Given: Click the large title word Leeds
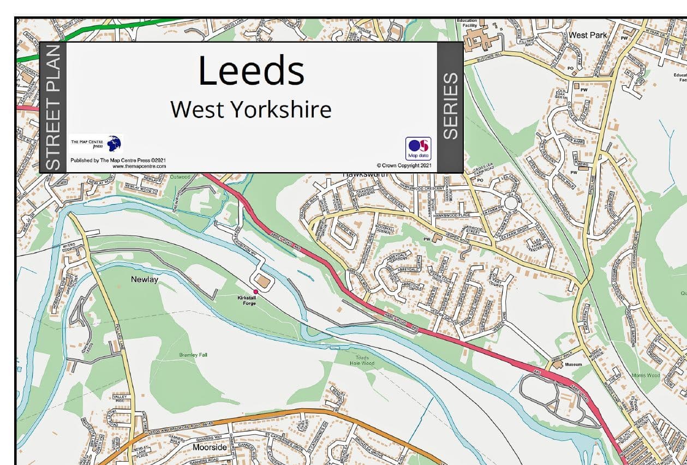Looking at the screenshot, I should (x=251, y=70).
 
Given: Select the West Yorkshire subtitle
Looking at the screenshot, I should (x=251, y=110).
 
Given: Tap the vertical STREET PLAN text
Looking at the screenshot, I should (x=52, y=108).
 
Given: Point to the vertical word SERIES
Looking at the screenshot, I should (x=450, y=107).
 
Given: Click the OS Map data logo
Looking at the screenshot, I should (x=418, y=148).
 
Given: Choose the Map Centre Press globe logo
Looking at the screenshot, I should (x=114, y=143).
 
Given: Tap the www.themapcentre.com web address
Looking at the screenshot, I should (x=139, y=166).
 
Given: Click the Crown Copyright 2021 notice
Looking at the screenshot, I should (x=404, y=166).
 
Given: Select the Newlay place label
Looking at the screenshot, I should (x=145, y=279).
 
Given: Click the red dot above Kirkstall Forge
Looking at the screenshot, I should (x=255, y=292).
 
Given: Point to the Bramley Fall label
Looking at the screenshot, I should (x=193, y=355).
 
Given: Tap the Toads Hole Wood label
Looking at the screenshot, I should (x=362, y=360).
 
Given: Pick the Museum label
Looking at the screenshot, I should (x=574, y=364).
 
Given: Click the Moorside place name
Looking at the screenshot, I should (x=210, y=447).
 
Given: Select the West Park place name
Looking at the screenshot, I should (x=588, y=35).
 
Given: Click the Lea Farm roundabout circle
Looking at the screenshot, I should (x=511, y=204).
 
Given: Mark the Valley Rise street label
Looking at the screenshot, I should (x=119, y=399).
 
